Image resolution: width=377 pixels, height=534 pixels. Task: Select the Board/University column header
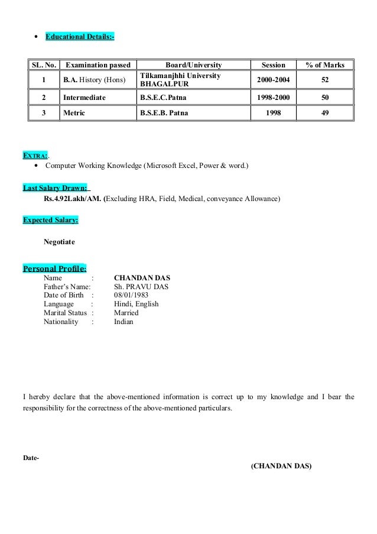(193, 65)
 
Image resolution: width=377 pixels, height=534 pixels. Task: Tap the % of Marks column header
(326, 65)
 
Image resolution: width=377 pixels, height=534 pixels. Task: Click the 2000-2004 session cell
(274, 80)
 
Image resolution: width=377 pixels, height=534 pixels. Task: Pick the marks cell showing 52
(326, 80)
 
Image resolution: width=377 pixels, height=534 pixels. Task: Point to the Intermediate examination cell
(84, 97)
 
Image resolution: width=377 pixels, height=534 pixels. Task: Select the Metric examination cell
(75, 112)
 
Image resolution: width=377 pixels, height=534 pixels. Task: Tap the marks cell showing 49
(326, 112)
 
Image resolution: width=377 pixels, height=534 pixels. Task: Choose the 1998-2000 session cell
(274, 97)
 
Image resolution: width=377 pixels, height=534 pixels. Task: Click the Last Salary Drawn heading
(56, 189)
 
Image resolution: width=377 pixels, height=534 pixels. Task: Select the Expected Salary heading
(51, 221)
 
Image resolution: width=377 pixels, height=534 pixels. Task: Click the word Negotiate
(60, 242)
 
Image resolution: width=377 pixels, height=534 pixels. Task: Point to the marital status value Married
(126, 313)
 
